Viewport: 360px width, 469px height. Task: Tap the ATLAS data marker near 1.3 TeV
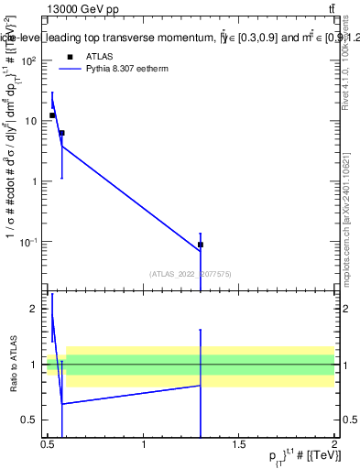point(200,245)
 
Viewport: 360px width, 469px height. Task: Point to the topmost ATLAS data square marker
point(52,115)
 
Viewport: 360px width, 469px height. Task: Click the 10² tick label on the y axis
point(27,60)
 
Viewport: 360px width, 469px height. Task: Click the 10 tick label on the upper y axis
point(30,121)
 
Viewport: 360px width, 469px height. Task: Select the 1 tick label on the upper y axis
point(34,181)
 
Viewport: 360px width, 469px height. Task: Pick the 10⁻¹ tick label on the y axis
point(27,242)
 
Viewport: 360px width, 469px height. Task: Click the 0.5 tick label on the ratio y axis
point(30,420)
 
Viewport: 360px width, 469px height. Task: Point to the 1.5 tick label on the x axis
point(239,444)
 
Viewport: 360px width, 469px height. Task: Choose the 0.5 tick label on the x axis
point(49,444)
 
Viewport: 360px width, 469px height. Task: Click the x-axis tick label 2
point(334,444)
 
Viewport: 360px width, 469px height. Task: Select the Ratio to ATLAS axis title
point(13,364)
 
